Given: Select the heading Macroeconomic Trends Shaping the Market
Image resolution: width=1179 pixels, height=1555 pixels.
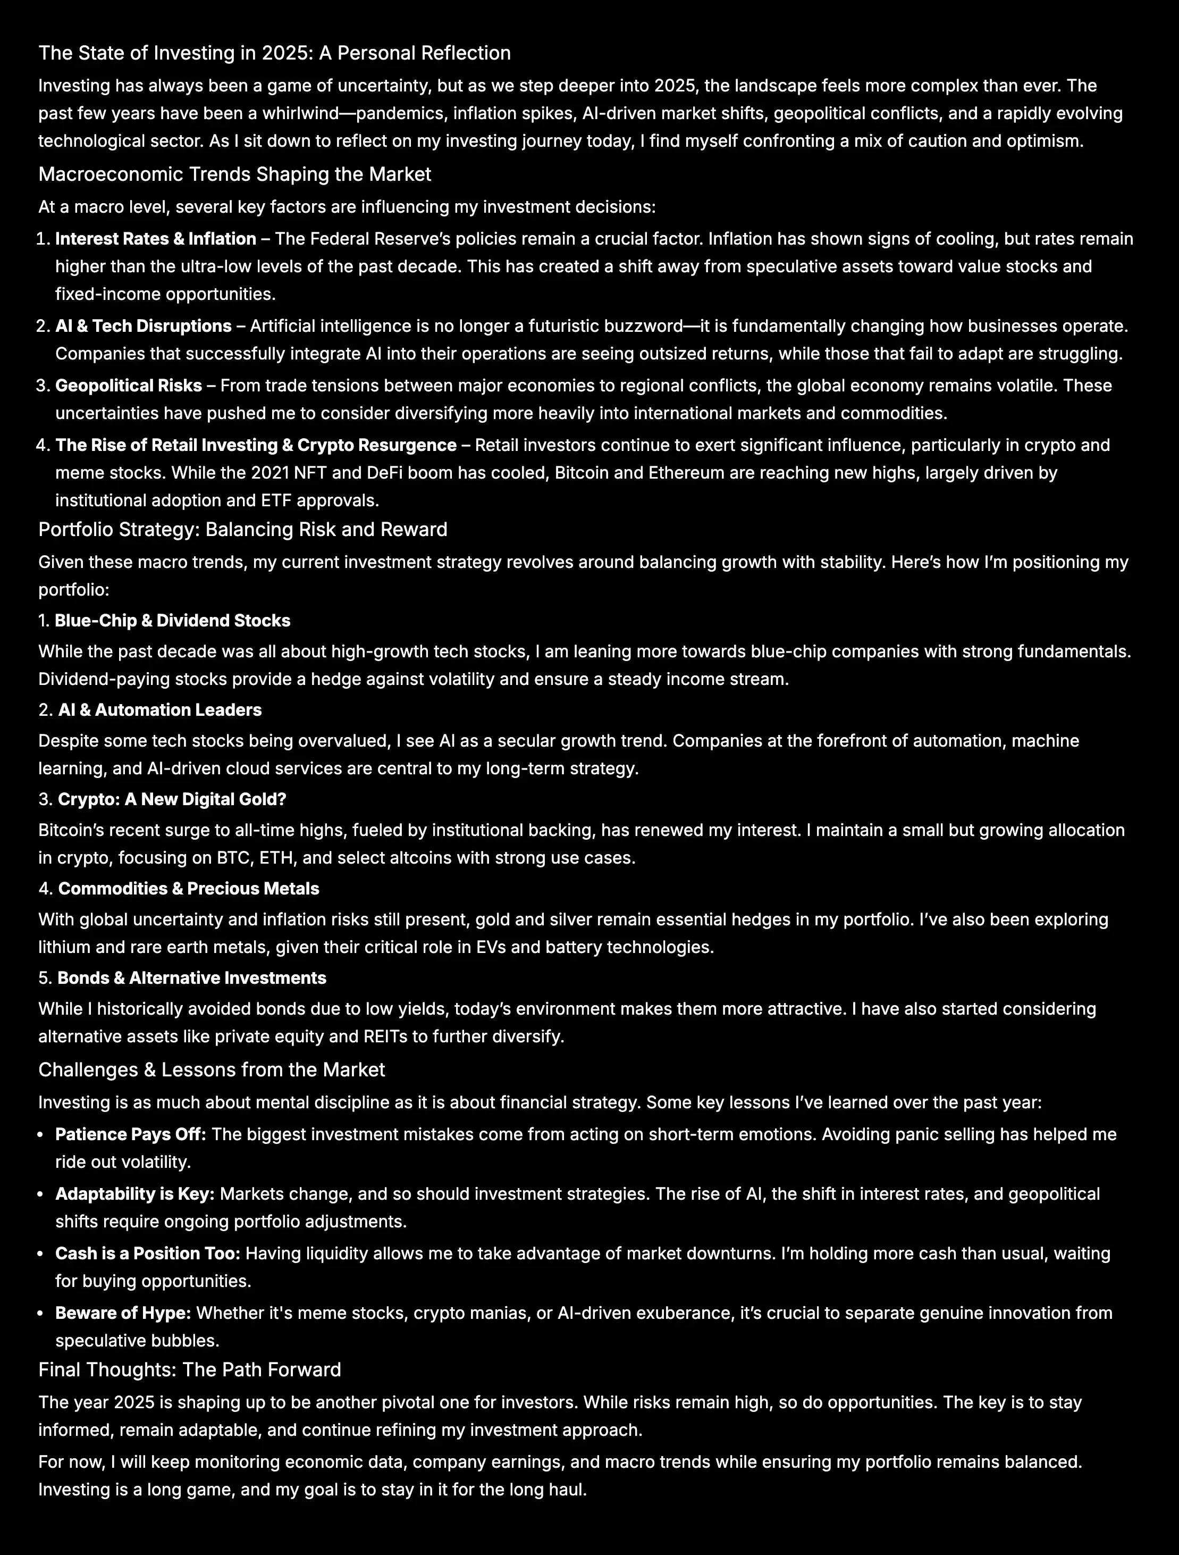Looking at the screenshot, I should pos(234,174).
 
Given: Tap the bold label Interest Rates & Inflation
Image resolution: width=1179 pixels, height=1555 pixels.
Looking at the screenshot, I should pos(155,239).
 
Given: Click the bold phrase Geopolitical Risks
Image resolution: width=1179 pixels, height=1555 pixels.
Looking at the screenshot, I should pos(129,386).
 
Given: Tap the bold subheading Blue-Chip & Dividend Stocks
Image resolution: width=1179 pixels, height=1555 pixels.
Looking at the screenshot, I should pos(172,621).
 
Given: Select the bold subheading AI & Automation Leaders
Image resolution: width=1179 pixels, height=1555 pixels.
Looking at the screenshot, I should pos(159,710).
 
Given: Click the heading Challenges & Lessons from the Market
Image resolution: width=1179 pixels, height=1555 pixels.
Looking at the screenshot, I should pos(212,1070).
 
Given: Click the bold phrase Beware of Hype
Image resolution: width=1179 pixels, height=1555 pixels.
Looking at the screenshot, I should pos(123,1313).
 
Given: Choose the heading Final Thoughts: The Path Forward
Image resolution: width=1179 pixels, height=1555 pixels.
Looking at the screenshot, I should pos(190,1369).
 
